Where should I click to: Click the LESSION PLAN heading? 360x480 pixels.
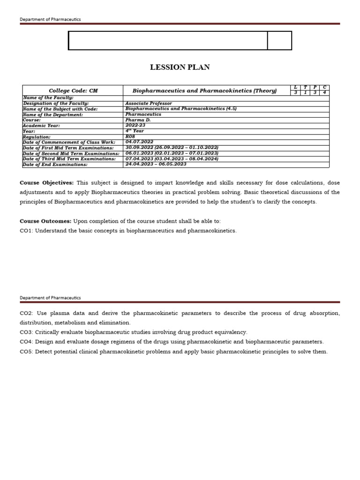[180, 67]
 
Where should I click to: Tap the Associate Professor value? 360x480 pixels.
[149, 103]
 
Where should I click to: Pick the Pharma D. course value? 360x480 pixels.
[138, 120]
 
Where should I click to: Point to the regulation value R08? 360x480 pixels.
[130, 136]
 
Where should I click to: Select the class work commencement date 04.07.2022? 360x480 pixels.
[139, 142]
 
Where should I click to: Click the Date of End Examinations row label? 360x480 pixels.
[55, 165]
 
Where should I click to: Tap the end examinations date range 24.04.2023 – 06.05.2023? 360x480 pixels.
[156, 165]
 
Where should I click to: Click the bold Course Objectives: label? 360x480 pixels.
[46, 182]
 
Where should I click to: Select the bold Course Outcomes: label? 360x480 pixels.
[45, 221]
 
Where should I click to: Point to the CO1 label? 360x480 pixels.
[26, 231]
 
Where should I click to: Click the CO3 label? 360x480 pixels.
[26, 332]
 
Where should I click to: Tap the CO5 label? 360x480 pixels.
[26, 352]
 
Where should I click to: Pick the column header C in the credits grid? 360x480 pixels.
[324, 88]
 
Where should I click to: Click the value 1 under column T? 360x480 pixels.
[305, 93]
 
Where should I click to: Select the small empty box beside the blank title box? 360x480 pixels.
[279, 40]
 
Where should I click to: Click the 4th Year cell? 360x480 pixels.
[135, 131]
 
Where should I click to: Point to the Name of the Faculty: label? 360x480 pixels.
[48, 97]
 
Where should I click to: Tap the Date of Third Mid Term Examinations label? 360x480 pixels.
[69, 159]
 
